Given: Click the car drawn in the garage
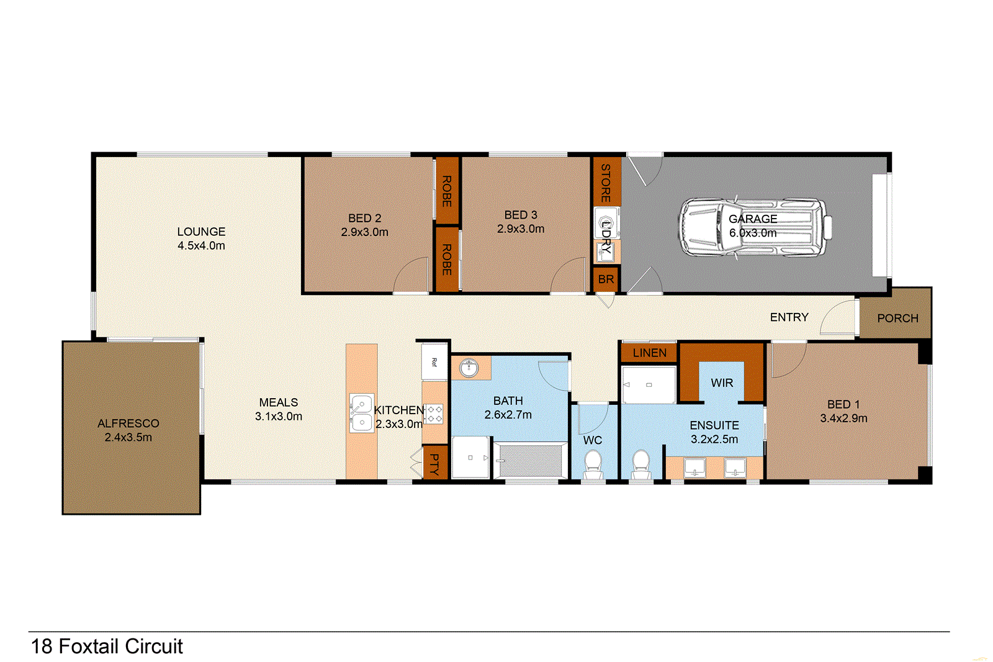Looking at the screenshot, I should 754,227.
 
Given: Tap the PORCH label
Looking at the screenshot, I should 897,318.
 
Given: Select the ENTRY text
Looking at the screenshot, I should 789,317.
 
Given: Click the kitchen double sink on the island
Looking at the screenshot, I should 361,413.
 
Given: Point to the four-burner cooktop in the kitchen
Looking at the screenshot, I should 434,414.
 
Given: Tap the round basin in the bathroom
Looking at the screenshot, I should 469,368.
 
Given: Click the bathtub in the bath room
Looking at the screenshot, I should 530,460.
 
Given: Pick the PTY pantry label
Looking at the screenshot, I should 434,463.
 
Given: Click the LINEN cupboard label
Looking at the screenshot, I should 649,353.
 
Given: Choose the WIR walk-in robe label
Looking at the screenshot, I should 722,383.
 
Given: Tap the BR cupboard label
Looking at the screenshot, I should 606,279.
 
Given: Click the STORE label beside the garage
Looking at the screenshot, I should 606,183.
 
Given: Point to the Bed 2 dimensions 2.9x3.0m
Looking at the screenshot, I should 364,232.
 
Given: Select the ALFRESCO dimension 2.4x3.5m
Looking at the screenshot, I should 128,437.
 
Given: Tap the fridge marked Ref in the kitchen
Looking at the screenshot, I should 434,362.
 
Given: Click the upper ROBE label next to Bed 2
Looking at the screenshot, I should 446,191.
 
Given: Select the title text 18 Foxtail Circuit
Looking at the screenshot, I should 107,646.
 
